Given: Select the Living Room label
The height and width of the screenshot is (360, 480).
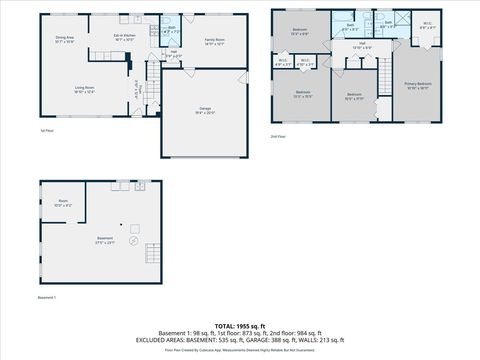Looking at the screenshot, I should (x=83, y=90).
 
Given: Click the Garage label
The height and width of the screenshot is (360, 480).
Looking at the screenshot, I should (x=204, y=111).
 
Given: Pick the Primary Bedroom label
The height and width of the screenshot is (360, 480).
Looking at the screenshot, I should (x=418, y=86).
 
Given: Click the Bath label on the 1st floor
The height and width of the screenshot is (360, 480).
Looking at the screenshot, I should (x=171, y=29).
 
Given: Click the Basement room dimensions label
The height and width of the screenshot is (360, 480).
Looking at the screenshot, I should (x=105, y=241).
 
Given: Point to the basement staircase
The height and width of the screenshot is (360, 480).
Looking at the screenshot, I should (x=152, y=251).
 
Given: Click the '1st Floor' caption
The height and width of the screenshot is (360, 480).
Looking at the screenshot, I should (x=45, y=130).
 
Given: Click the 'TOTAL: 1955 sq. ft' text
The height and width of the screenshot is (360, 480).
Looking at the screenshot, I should (x=240, y=326).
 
